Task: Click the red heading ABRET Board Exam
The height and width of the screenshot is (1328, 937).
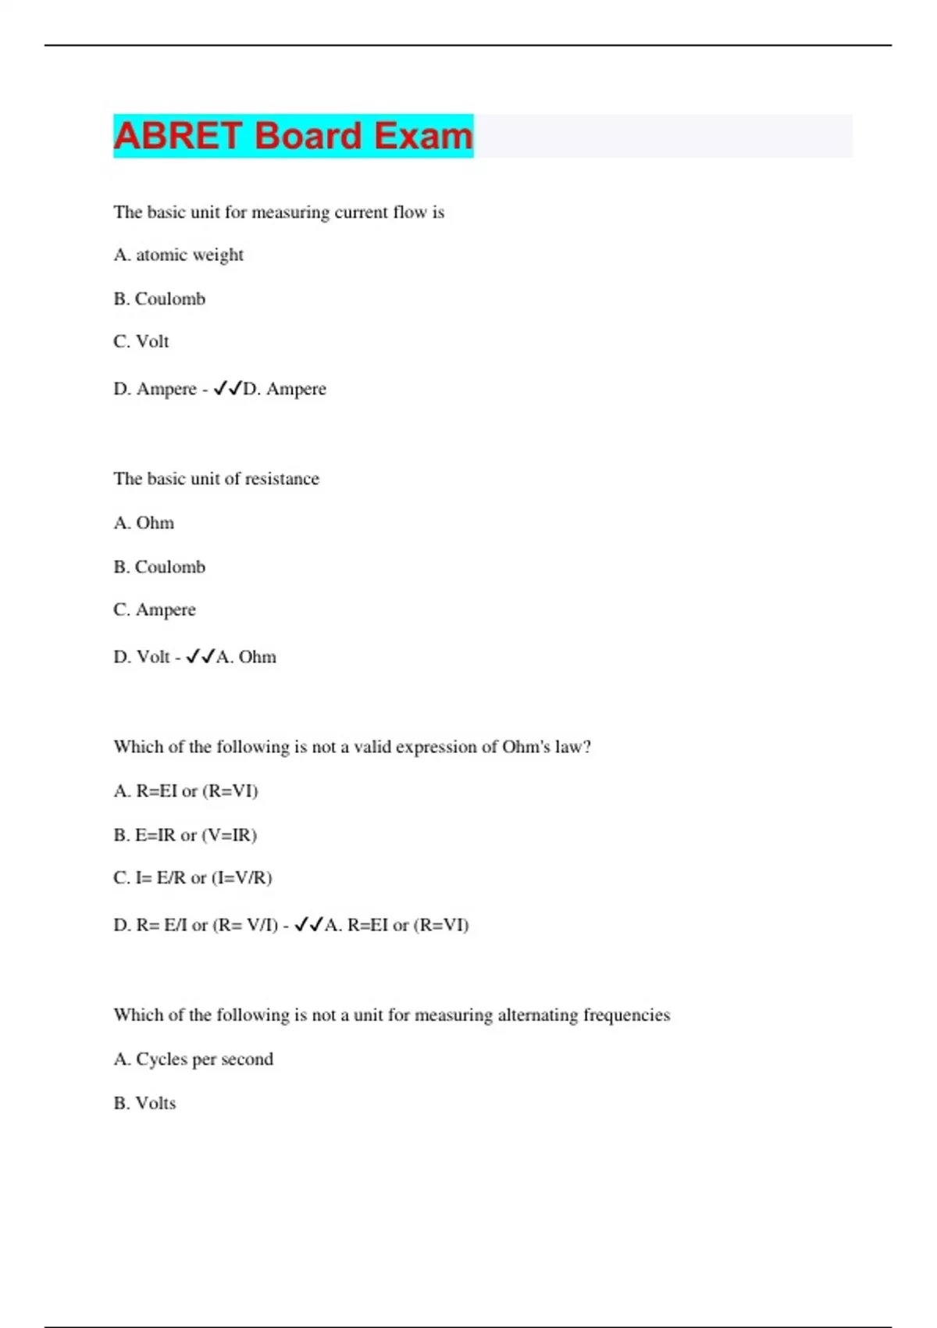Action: click(293, 136)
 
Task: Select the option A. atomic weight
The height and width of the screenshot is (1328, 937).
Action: click(178, 255)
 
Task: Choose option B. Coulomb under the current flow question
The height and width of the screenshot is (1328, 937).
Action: click(159, 298)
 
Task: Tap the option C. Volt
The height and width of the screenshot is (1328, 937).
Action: click(141, 341)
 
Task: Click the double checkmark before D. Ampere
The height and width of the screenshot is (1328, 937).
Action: click(227, 388)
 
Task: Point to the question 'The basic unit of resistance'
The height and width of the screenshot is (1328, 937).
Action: click(216, 479)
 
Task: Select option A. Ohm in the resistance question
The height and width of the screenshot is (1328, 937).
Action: click(144, 523)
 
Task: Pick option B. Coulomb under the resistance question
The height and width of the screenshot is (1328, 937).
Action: click(159, 566)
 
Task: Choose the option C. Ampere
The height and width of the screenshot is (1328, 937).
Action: click(155, 609)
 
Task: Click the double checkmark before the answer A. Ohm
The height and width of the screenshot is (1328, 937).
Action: click(200, 657)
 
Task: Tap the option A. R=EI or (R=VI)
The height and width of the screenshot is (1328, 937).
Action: click(186, 791)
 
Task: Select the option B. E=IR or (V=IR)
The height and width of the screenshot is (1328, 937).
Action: click(185, 835)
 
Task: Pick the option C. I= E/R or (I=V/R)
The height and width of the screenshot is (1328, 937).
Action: click(193, 878)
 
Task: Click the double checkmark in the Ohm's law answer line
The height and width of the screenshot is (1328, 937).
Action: click(308, 925)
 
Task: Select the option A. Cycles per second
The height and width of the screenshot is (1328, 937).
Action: click(194, 1059)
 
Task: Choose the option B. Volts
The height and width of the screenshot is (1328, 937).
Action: click(144, 1103)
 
